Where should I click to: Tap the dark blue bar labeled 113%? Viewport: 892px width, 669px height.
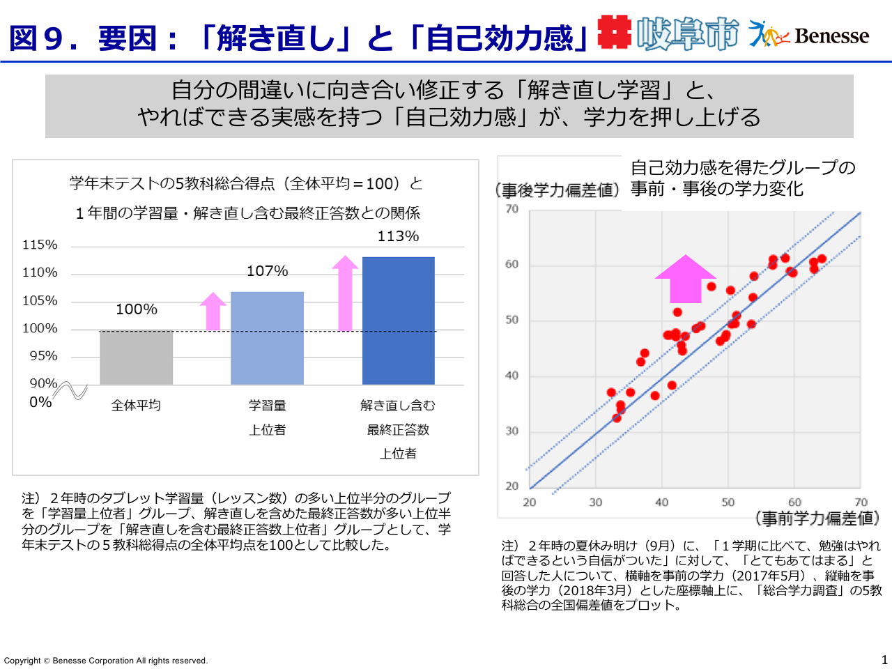(x=398, y=321)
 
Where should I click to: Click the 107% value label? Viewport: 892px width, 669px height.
(x=267, y=271)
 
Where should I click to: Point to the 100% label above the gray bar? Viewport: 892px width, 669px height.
(x=136, y=309)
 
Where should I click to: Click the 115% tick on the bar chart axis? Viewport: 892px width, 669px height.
(x=40, y=245)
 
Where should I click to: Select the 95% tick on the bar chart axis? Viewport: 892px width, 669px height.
(x=43, y=356)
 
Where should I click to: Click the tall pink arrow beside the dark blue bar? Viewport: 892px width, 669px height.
(x=345, y=293)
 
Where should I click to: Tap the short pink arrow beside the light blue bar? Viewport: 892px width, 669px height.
(x=213, y=311)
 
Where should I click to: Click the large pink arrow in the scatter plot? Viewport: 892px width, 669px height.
(x=685, y=279)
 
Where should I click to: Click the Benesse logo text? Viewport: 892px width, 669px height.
(x=831, y=36)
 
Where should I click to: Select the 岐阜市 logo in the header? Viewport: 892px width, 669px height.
(x=686, y=33)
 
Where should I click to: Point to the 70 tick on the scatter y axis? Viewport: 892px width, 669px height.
(x=512, y=209)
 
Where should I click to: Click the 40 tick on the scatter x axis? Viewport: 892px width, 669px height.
(x=661, y=502)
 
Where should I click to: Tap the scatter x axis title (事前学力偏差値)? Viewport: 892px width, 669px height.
(x=817, y=518)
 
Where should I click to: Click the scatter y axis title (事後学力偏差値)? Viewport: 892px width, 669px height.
(x=557, y=190)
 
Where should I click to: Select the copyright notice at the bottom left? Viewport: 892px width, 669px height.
(x=106, y=661)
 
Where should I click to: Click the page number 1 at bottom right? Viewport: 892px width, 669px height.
(x=884, y=659)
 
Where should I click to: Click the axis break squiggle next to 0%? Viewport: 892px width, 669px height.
(x=71, y=391)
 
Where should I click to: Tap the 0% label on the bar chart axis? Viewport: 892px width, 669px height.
(x=40, y=402)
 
